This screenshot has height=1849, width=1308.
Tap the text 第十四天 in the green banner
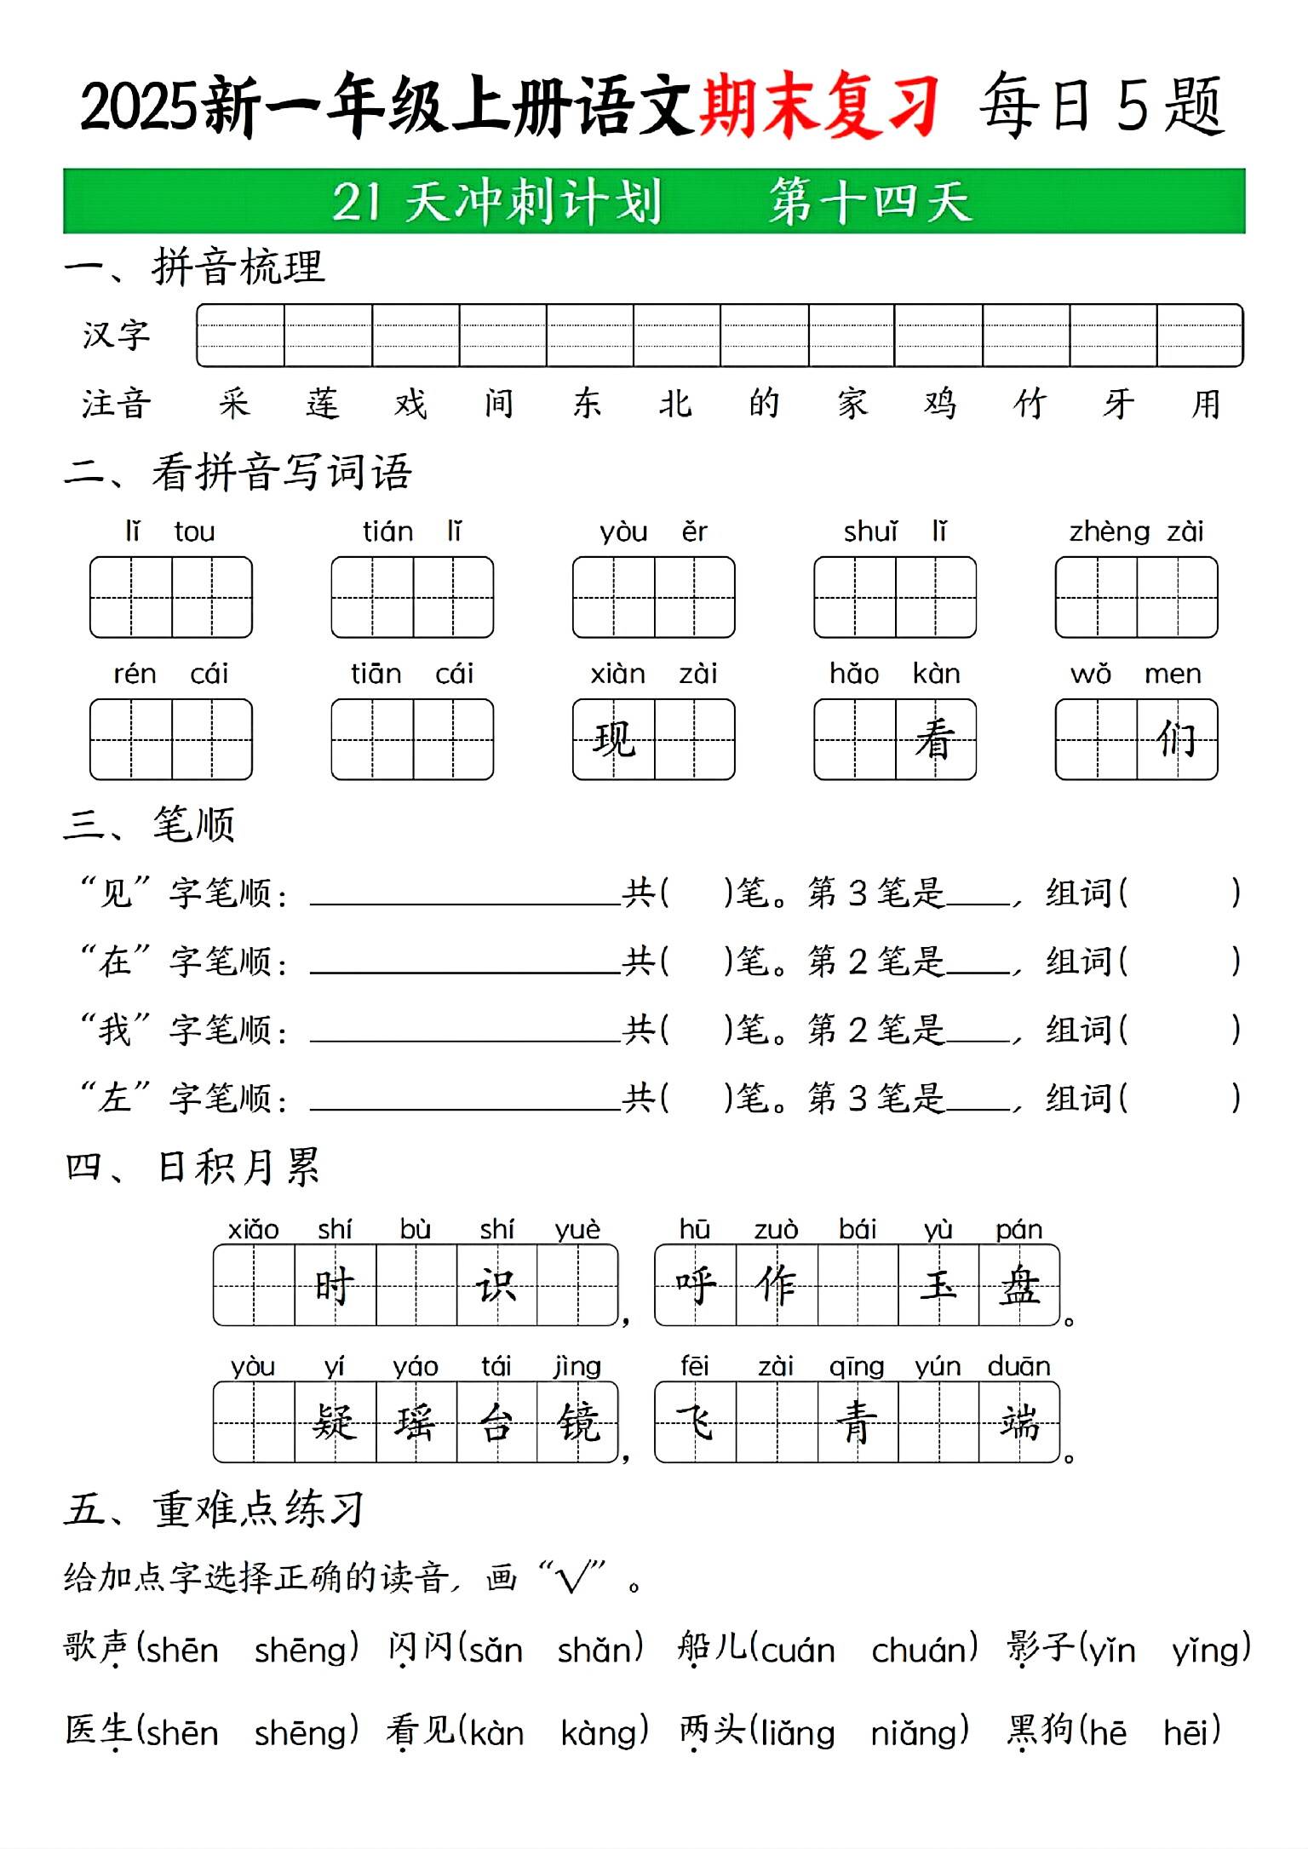870,203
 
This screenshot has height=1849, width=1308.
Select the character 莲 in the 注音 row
323,404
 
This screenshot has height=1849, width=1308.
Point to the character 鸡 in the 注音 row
940,404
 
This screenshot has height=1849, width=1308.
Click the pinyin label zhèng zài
1136,532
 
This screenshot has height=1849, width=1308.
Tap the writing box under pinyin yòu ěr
653,597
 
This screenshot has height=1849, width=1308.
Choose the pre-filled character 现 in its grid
614,739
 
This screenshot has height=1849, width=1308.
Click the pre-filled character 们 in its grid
1177,739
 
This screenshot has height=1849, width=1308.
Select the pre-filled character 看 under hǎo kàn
935,739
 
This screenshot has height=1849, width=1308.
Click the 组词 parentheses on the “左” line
1179,1099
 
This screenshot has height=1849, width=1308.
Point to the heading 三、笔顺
150,824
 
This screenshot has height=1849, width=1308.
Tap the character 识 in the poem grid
496,1285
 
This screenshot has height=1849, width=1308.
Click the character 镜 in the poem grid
578,1422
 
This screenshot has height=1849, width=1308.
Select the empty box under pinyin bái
857,1285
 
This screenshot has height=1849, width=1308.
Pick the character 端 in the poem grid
1019,1422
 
